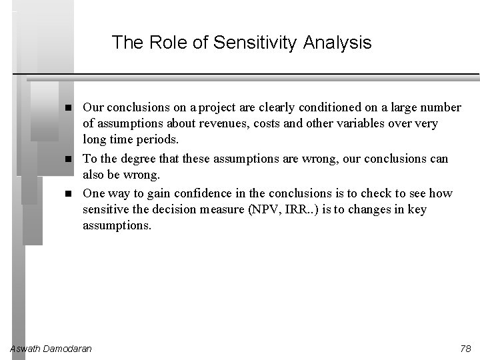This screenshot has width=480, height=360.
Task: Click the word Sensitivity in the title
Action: point(255,43)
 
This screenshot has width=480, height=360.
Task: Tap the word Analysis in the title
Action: point(337,43)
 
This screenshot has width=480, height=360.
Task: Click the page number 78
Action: point(465,349)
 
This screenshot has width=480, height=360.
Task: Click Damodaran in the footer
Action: point(68,349)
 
